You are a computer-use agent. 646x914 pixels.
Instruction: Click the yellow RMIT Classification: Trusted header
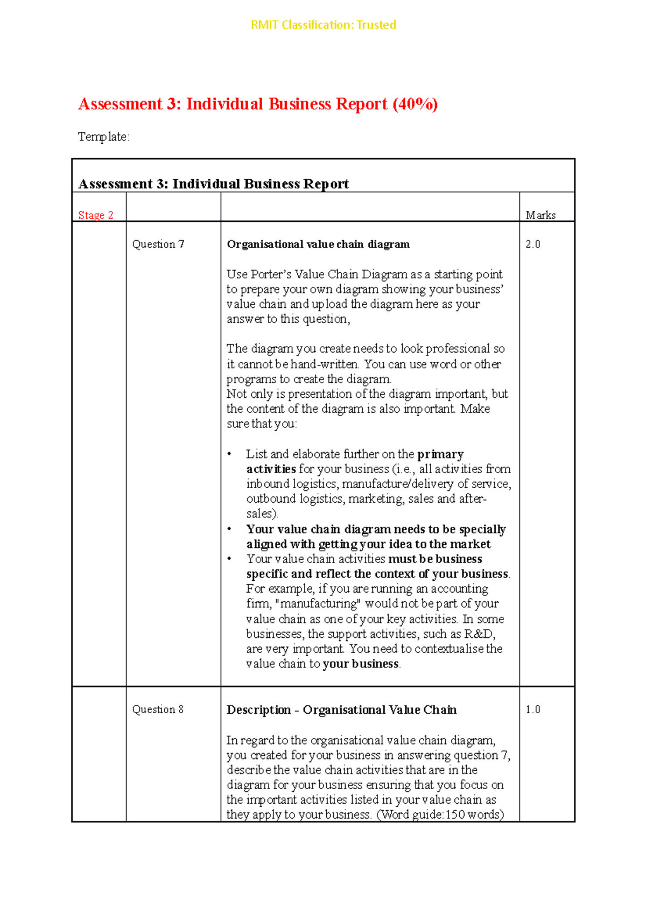point(323,25)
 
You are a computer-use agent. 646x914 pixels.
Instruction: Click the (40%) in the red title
point(415,104)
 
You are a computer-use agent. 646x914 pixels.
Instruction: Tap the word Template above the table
point(102,137)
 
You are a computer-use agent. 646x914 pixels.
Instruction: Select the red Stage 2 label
point(95,215)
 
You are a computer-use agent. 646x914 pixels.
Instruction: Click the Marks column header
point(540,215)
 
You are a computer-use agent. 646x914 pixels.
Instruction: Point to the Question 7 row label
point(158,244)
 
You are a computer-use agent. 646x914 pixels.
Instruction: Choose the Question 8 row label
point(158,709)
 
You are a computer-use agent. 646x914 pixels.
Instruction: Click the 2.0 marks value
point(532,244)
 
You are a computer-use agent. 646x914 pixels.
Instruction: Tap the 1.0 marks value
point(532,709)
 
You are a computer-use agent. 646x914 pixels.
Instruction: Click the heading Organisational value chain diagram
point(318,244)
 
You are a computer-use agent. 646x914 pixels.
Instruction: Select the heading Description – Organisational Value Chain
point(341,710)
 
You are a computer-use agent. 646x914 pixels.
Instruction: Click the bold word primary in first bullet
point(440,454)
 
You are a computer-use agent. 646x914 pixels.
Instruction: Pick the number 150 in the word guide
point(455,814)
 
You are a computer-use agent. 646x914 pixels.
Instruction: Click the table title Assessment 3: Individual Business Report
point(213,184)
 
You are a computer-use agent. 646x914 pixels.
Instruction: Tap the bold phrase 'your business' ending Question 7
point(361,664)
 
